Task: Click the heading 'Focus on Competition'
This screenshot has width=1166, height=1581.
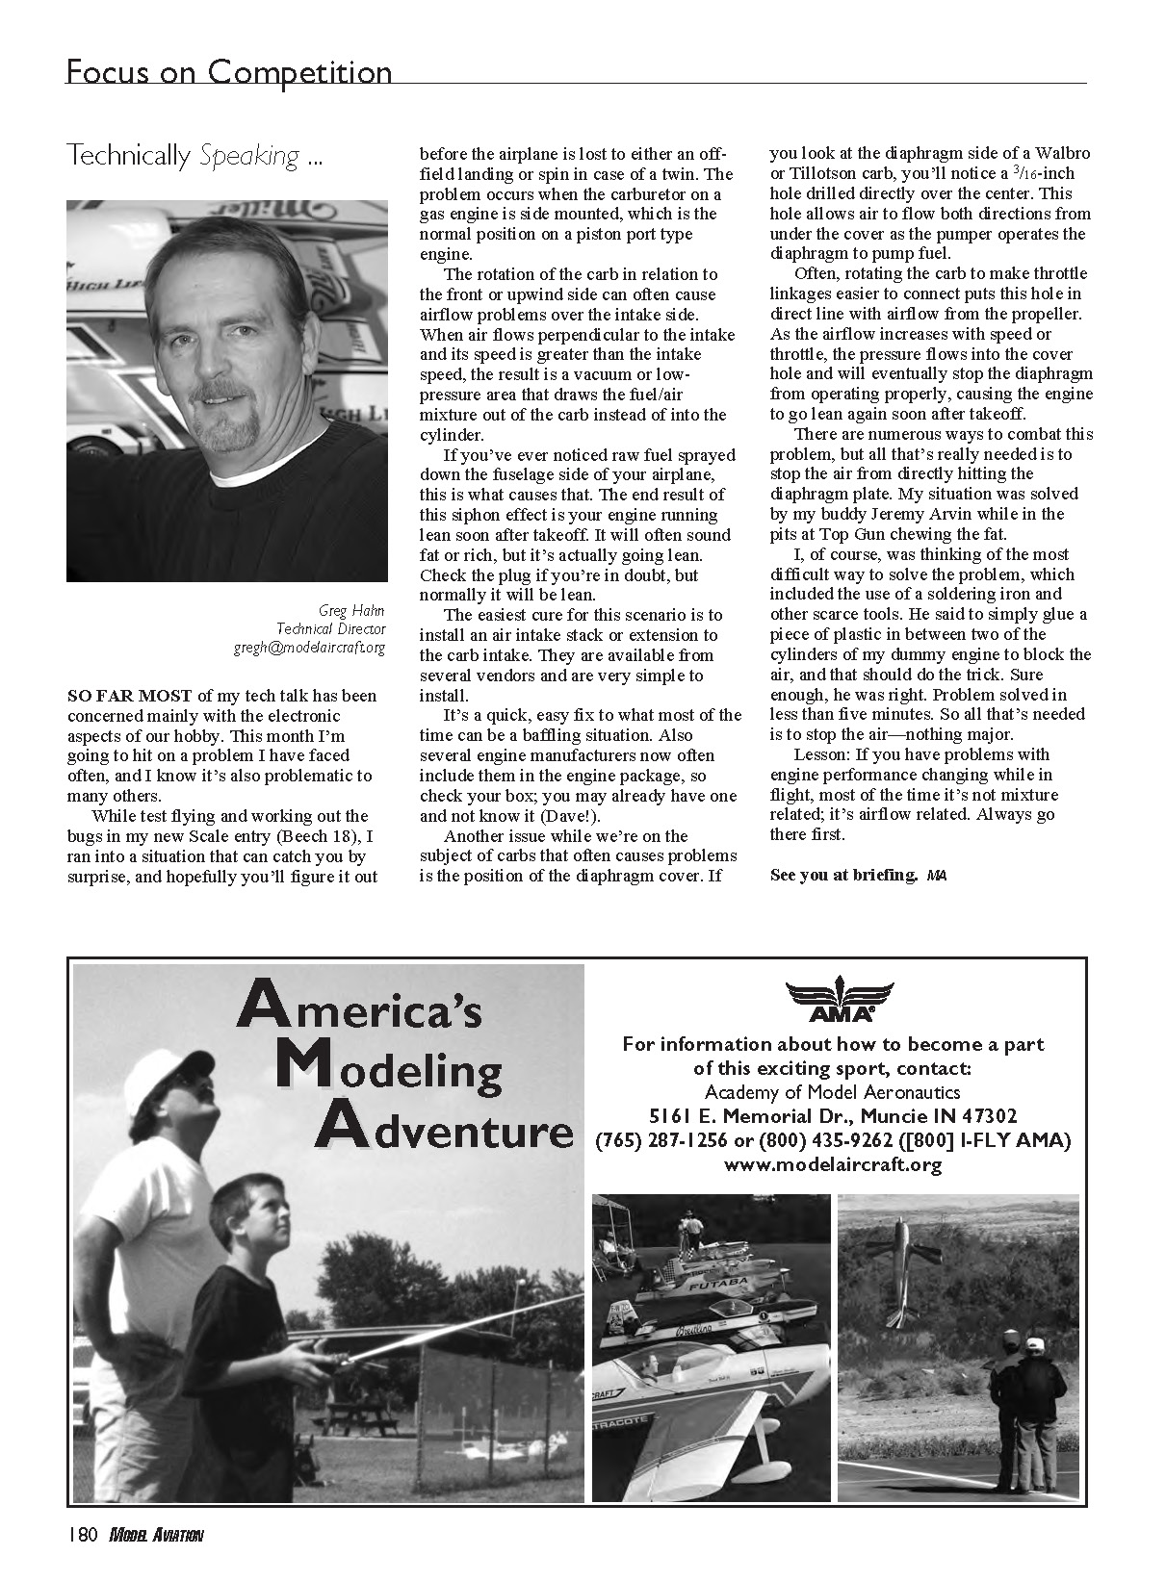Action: pos(228,72)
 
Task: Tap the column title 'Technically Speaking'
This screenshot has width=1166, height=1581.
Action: pos(194,156)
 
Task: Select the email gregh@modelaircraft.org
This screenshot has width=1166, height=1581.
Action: pos(309,648)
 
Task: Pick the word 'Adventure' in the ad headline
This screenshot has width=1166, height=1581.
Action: pos(444,1131)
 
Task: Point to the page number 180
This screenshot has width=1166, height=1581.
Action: pos(81,1536)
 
